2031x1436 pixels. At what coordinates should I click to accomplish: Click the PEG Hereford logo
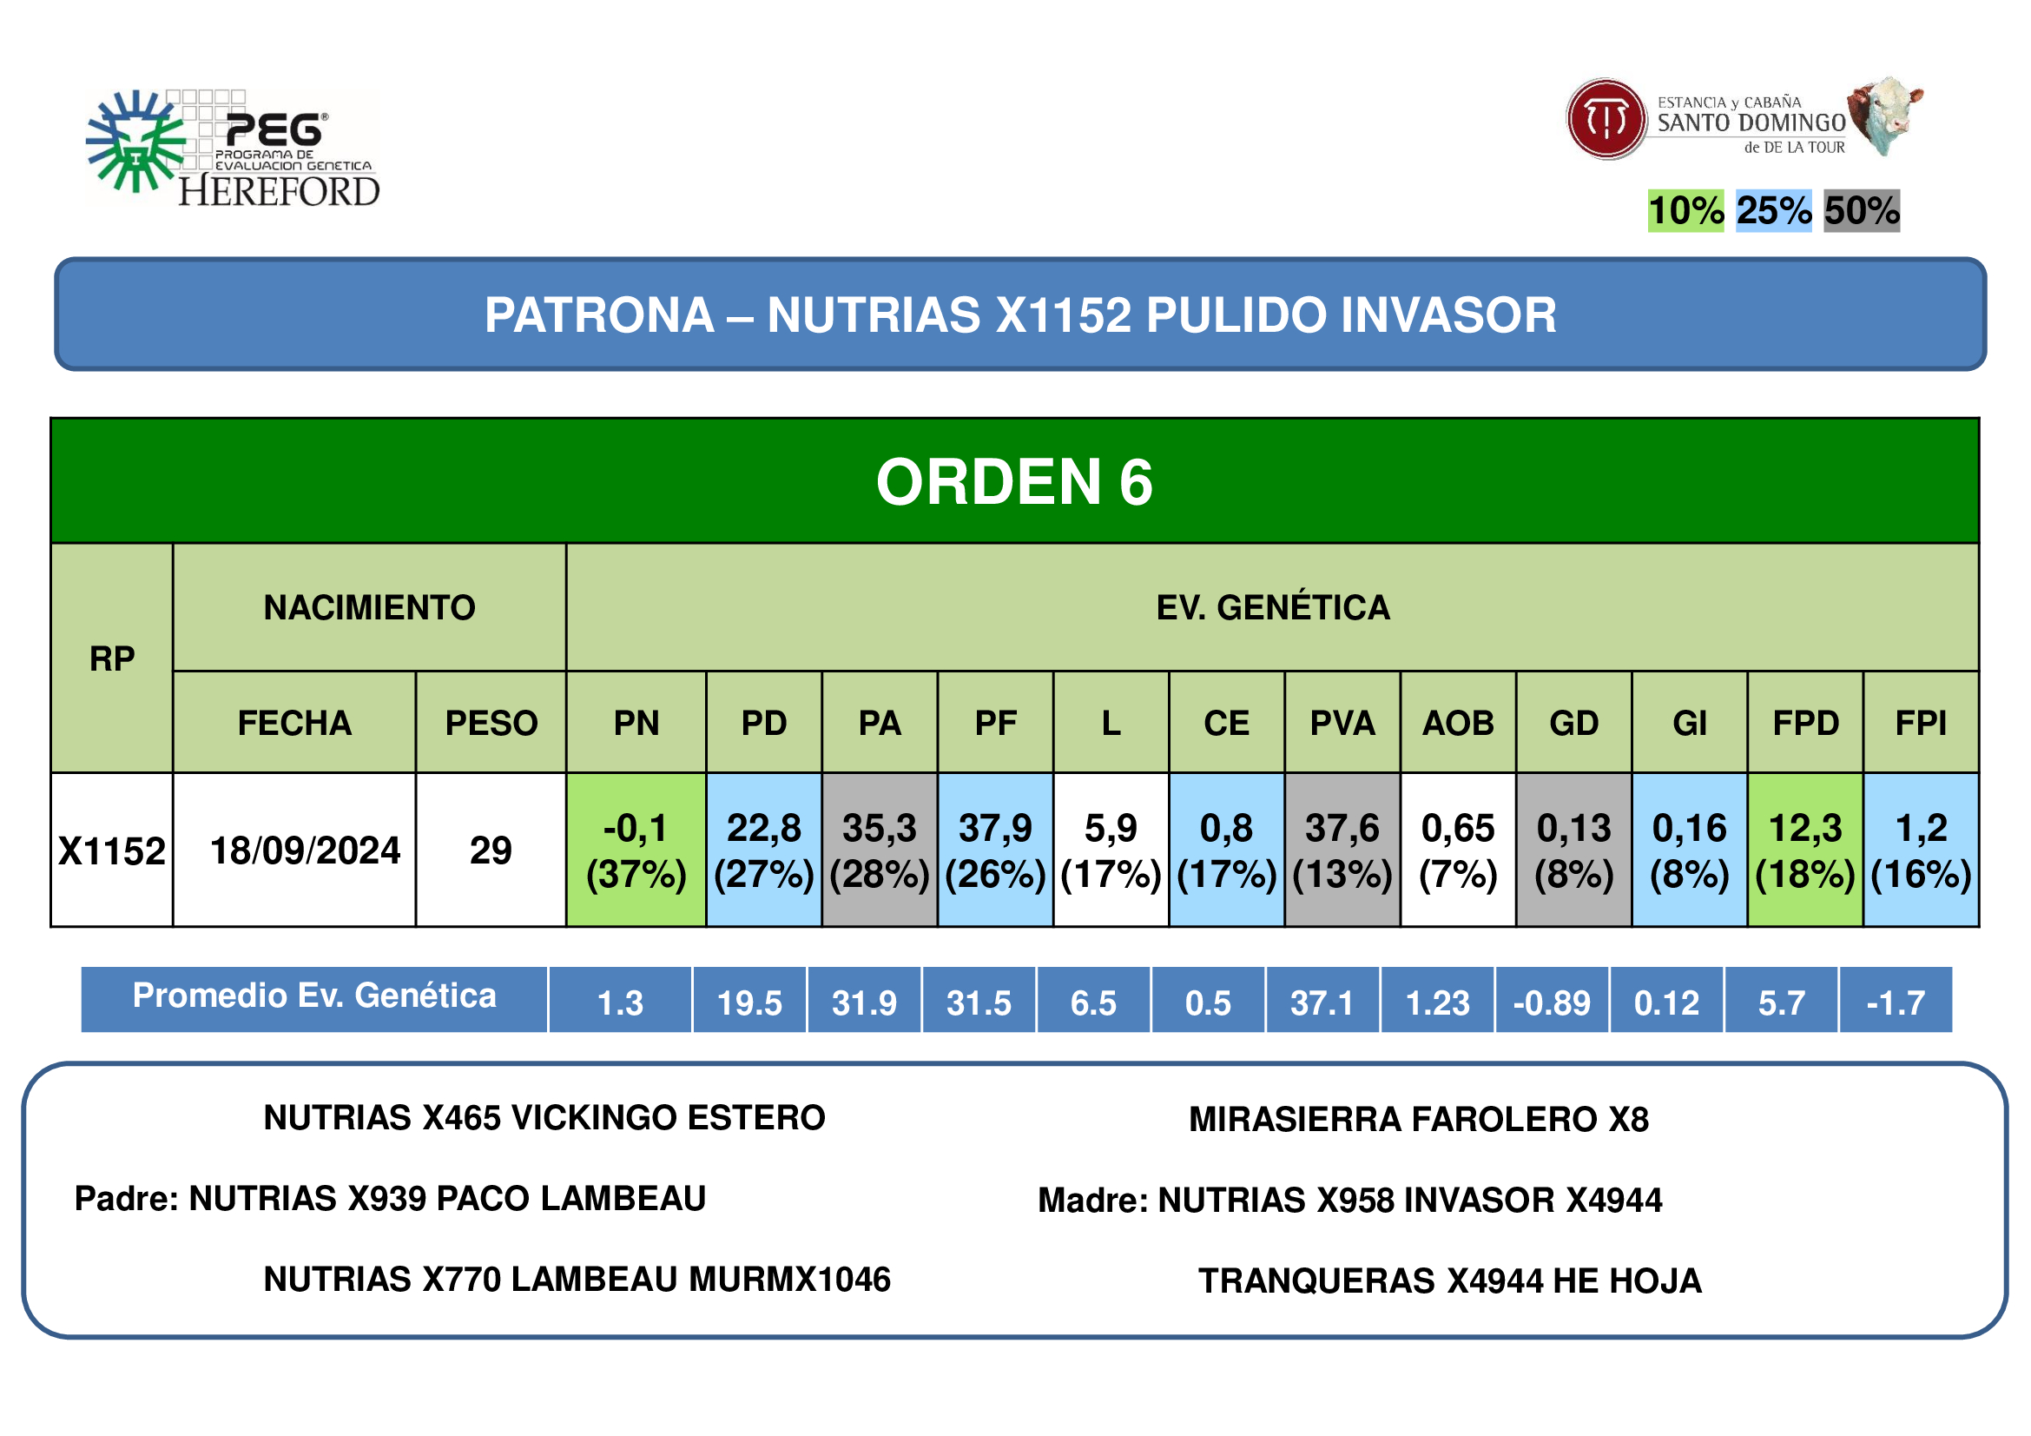[233, 149]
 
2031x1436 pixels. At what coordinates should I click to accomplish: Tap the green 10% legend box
[1686, 210]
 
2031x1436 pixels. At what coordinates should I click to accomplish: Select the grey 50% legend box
[1862, 210]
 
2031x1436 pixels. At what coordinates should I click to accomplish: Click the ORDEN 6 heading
[1014, 482]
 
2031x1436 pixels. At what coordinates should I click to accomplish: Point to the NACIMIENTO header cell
[370, 607]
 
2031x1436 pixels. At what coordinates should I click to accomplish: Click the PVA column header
[1342, 723]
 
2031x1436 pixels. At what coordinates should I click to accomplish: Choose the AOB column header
[1459, 723]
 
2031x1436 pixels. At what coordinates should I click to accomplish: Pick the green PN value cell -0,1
[636, 850]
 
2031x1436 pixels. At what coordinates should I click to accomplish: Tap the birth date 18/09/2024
[305, 850]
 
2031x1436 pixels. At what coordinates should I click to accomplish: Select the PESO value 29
[491, 850]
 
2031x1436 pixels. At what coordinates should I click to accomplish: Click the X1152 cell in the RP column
[112, 850]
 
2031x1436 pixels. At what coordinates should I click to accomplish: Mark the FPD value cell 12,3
[1805, 850]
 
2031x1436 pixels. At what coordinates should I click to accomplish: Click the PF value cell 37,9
[996, 850]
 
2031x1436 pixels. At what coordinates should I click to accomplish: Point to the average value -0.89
[1552, 1003]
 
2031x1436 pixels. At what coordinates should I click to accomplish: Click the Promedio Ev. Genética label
[314, 996]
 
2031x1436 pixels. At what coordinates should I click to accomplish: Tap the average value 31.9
[864, 1003]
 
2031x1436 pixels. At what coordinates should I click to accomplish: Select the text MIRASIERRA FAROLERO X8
[1419, 1119]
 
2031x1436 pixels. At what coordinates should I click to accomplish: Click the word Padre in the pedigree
[127, 1199]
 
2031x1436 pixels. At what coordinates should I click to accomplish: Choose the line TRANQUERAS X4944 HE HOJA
[1450, 1281]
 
